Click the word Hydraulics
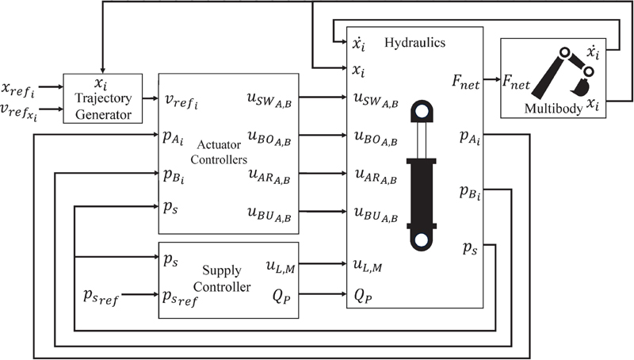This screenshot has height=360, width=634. tap(414, 40)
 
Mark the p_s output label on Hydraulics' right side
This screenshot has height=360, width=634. tap(469, 249)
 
